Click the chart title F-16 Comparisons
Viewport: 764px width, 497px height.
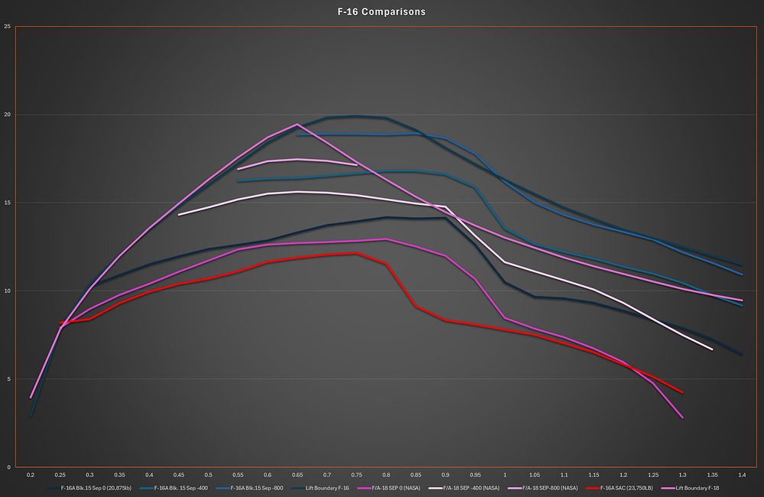click(382, 12)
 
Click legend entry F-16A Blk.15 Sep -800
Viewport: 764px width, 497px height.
click(256, 487)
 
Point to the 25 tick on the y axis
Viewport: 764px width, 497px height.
click(8, 27)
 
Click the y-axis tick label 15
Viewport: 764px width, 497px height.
click(8, 203)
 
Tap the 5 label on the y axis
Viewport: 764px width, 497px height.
click(8, 379)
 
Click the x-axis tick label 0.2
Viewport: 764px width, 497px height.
click(31, 475)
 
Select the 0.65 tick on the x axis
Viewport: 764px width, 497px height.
click(297, 475)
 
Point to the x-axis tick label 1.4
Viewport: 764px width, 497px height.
click(741, 475)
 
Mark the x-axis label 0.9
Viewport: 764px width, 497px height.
click(445, 475)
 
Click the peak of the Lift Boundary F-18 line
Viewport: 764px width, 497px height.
click(297, 125)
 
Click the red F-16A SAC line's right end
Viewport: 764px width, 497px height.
click(682, 393)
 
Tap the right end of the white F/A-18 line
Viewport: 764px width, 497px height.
click(712, 349)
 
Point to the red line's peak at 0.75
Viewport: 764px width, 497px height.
click(356, 253)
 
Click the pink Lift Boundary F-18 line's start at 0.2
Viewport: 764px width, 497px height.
click(31, 398)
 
